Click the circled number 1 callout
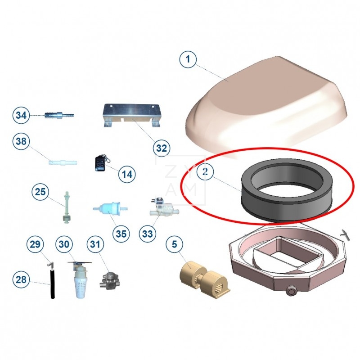tap(188, 59)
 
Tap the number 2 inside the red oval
tap(205, 171)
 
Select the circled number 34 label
tap(21, 115)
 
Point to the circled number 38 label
tap(21, 141)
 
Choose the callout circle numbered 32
tap(162, 148)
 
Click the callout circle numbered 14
tap(127, 174)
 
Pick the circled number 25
tap(40, 192)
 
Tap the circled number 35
tap(121, 234)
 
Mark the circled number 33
tap(148, 234)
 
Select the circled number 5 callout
tap(175, 244)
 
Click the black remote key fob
tap(100, 163)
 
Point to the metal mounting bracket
tap(131, 115)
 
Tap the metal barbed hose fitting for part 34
tap(59, 114)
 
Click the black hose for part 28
tap(53, 284)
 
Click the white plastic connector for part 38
tap(63, 162)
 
